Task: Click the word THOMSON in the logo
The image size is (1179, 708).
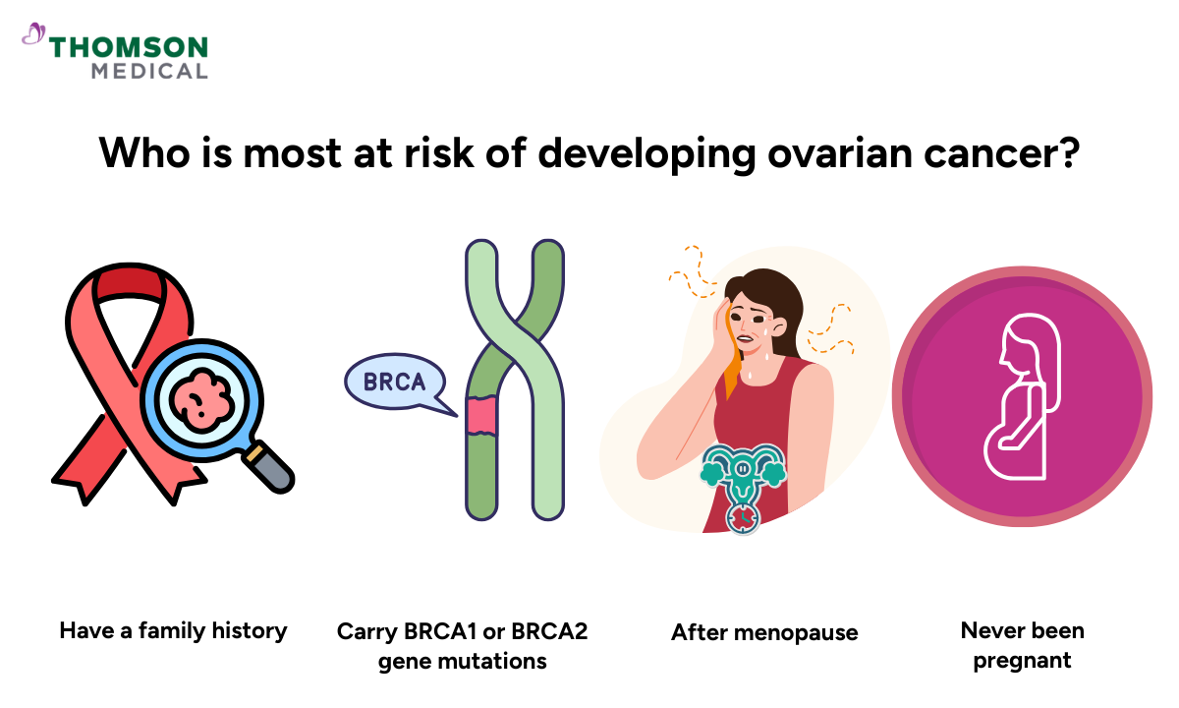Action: tap(129, 47)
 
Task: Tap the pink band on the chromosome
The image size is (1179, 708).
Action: tap(481, 416)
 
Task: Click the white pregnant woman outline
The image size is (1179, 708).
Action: tap(1023, 402)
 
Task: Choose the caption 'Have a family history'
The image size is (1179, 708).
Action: tap(173, 630)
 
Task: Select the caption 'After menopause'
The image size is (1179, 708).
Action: tap(764, 632)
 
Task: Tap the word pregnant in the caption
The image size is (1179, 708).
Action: tap(1022, 660)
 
